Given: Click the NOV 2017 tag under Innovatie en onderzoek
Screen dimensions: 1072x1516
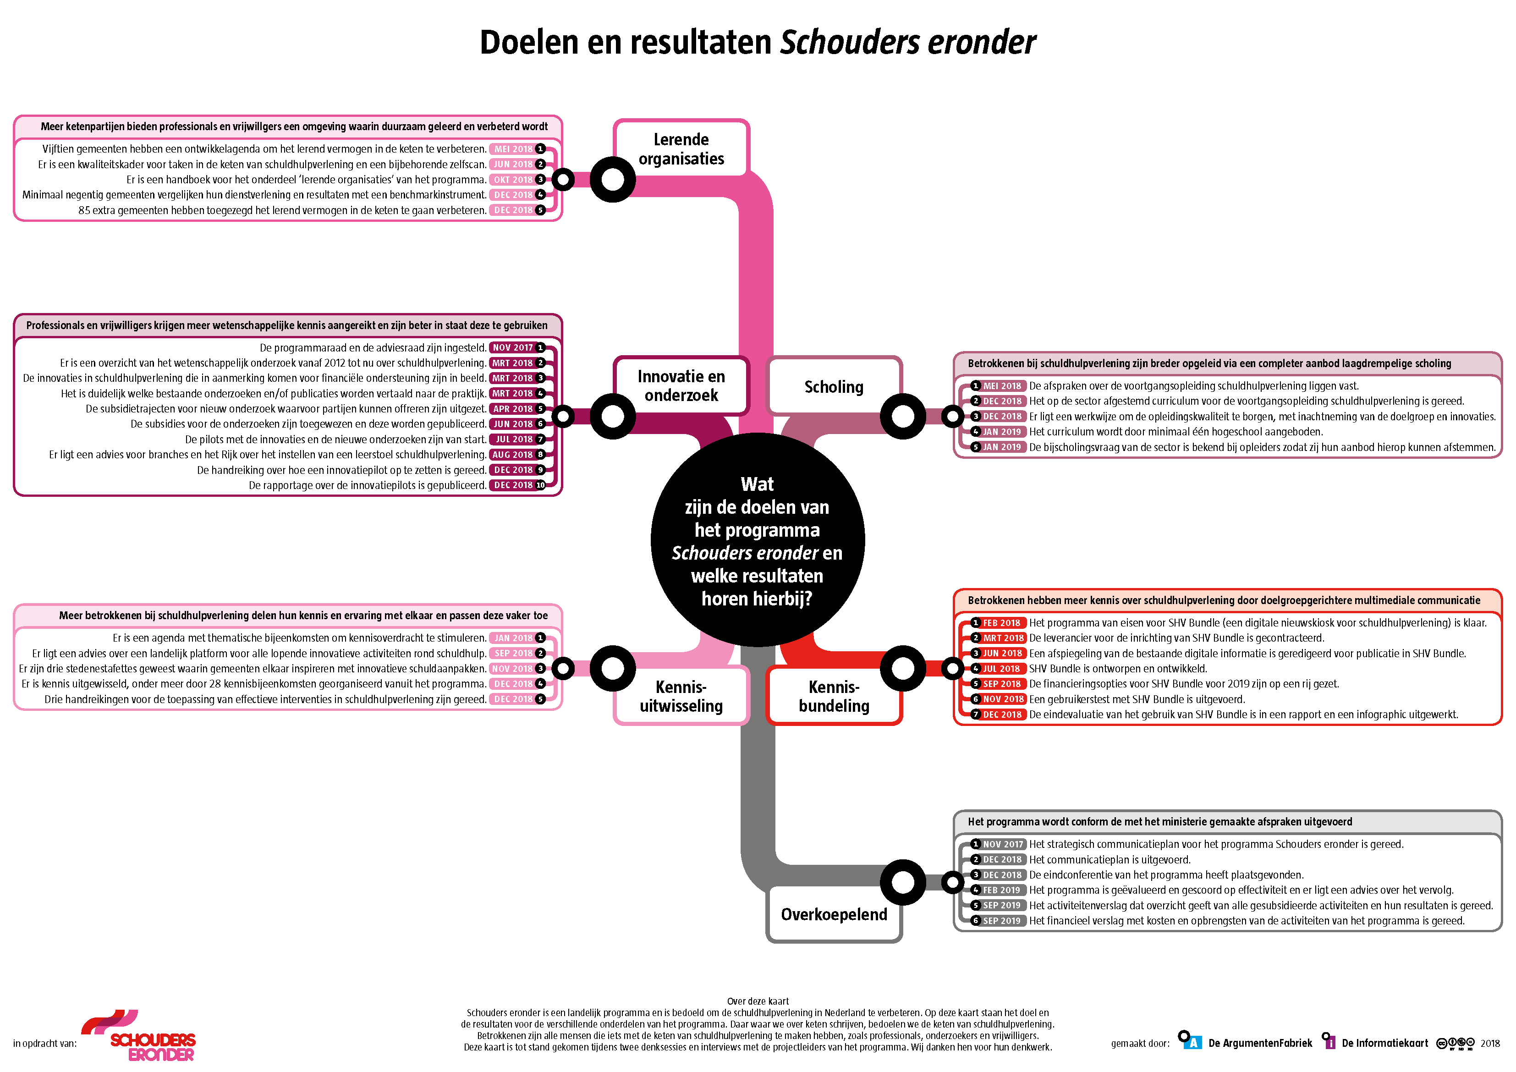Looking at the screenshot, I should click(512, 347).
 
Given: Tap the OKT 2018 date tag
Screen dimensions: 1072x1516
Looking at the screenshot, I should click(512, 180).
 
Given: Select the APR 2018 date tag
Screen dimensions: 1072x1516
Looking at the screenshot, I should click(512, 409).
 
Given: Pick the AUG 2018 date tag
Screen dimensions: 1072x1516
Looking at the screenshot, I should click(512, 455).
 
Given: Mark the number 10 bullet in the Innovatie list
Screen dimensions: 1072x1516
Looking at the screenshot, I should click(540, 485).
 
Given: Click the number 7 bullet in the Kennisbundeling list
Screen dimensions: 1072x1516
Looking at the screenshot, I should click(975, 715).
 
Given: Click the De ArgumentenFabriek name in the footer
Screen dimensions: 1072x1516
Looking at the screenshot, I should click(1260, 1043).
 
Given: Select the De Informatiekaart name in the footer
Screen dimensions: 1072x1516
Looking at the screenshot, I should click(1384, 1043).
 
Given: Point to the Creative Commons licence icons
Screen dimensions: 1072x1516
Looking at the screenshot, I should click(1455, 1044).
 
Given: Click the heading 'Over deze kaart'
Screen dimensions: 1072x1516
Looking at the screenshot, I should click(758, 1001).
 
